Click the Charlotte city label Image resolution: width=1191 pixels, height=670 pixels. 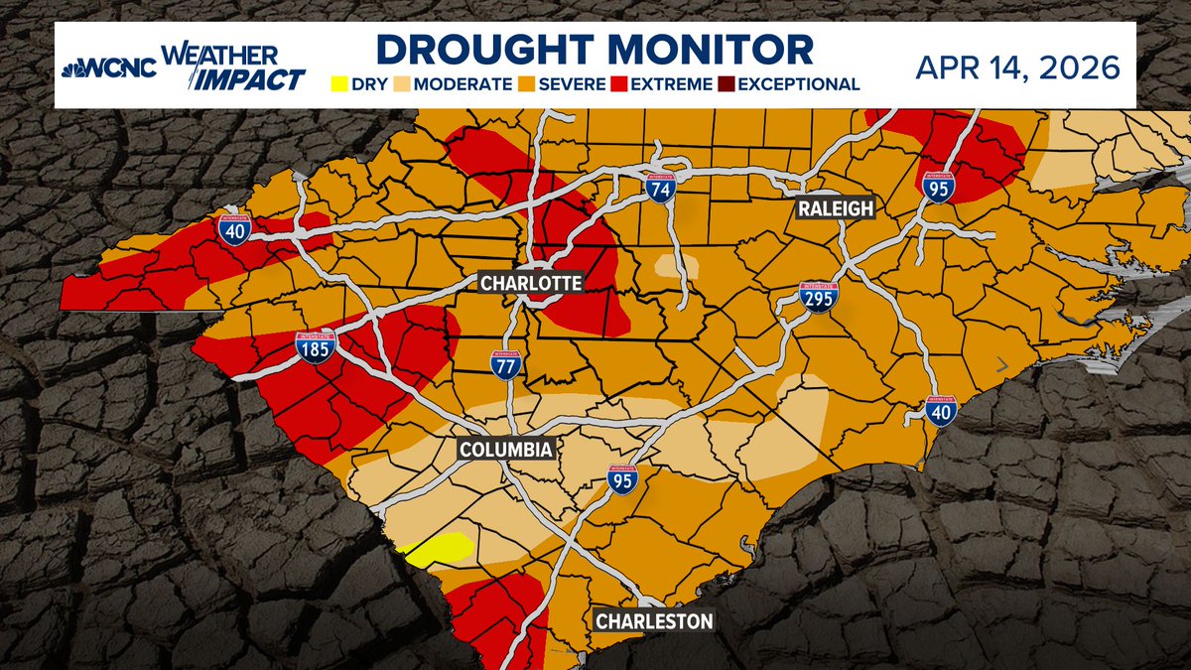(x=530, y=283)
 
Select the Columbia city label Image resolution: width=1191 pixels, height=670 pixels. (x=505, y=450)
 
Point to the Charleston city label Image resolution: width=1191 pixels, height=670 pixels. (x=654, y=622)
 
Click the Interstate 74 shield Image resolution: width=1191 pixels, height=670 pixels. (x=656, y=184)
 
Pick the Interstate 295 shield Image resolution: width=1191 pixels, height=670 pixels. (x=818, y=297)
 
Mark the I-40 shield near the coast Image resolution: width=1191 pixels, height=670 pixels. (x=941, y=410)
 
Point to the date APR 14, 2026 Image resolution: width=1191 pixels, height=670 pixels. (x=1018, y=67)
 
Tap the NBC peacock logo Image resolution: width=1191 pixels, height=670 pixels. (x=74, y=70)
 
